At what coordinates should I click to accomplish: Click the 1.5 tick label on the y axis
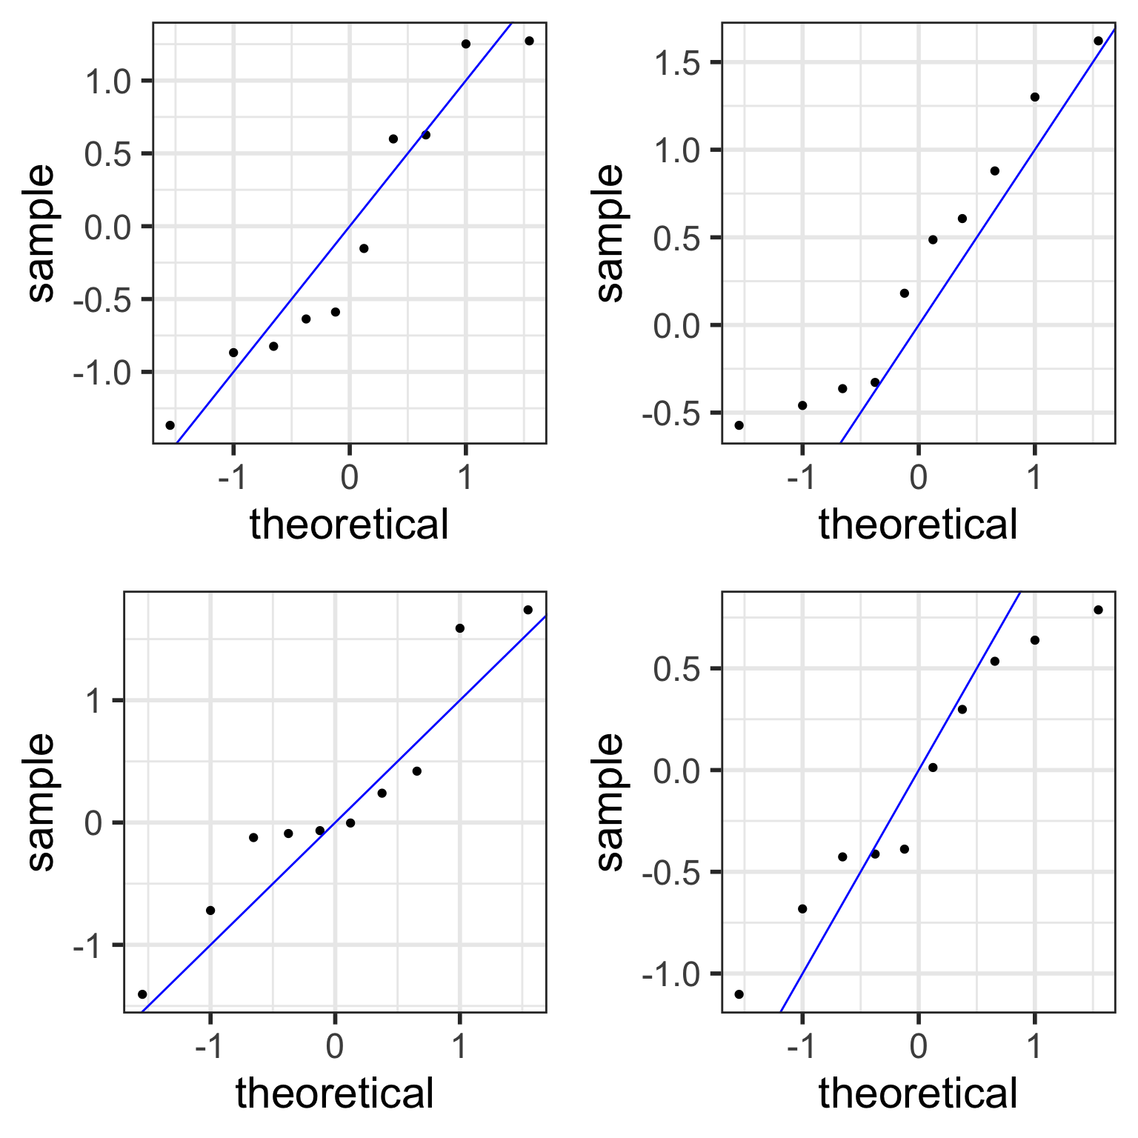point(678,64)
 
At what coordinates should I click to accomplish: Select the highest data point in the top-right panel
point(1098,41)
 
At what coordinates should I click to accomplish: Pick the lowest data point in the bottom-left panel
point(142,994)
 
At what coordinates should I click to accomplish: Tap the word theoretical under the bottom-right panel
point(918,1094)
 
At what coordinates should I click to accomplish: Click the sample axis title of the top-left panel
point(41,233)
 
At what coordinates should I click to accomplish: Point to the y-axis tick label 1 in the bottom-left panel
point(93,701)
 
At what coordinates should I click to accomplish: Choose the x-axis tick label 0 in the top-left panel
point(349,478)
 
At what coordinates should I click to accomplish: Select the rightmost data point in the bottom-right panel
point(1098,610)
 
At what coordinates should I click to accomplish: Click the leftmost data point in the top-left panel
point(170,425)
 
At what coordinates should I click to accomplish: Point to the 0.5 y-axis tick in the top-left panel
point(108,154)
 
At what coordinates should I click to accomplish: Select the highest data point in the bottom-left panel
point(528,610)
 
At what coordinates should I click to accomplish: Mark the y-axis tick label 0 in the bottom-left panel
point(93,823)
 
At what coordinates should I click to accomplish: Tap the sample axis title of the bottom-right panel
point(610,802)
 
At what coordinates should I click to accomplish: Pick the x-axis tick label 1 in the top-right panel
point(1034,478)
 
